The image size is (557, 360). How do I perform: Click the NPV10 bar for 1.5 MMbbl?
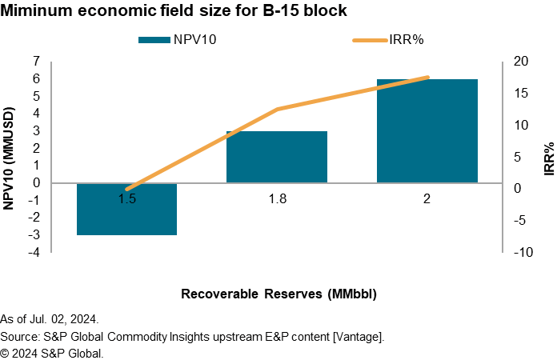pos(126,209)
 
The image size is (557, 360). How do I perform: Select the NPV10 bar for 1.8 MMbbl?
pos(277,157)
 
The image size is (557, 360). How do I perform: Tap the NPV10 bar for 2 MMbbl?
pos(427,130)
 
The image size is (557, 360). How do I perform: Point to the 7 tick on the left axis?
pos(36,61)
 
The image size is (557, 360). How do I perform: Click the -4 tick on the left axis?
pos(34,252)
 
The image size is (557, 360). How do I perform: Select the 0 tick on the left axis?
pos(36,182)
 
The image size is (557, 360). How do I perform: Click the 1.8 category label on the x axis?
pos(277,199)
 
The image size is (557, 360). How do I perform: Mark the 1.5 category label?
pos(126,199)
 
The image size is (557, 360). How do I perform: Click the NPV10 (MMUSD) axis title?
pos(10,156)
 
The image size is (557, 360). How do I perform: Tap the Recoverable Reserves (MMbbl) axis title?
pos(278,294)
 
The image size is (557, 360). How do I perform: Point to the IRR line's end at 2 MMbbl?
pos(427,78)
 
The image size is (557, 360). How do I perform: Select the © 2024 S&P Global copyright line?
pos(52,352)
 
